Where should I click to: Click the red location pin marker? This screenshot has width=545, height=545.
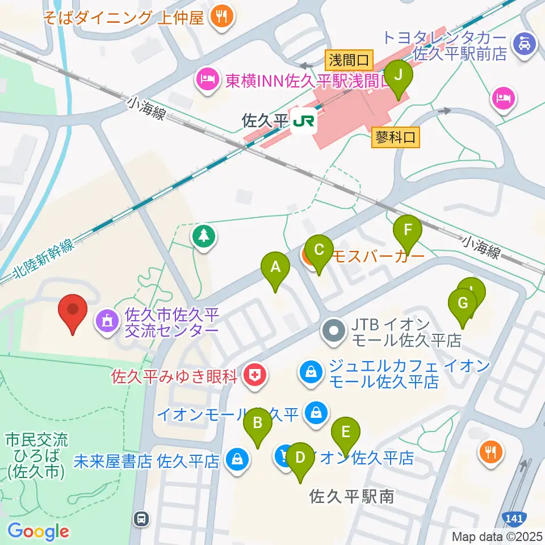(x=73, y=313)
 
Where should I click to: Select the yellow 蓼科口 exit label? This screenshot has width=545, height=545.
(x=397, y=137)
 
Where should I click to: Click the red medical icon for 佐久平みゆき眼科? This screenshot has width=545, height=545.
(x=254, y=376)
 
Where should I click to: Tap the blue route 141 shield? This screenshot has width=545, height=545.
(x=514, y=518)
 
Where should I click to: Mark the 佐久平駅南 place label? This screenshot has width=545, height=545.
(x=351, y=497)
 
